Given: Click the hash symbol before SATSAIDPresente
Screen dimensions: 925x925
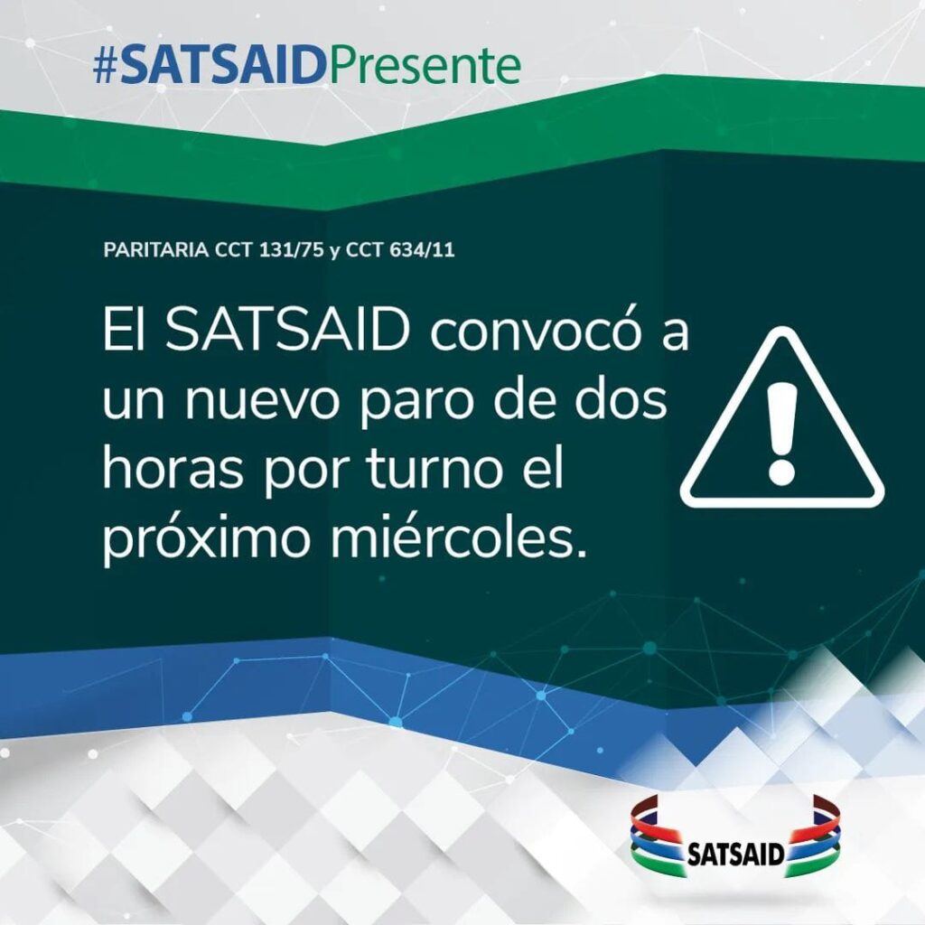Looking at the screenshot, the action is pos(107,66).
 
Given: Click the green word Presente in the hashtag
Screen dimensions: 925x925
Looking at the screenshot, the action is pos(425,66).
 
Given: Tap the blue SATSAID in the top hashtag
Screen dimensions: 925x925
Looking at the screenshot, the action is pos(224,66).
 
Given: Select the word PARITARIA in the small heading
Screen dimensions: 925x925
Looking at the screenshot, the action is pos(155,250).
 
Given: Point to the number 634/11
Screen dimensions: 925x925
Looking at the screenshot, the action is pos(423,250).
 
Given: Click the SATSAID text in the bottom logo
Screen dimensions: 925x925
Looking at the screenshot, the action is pos(735,854).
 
